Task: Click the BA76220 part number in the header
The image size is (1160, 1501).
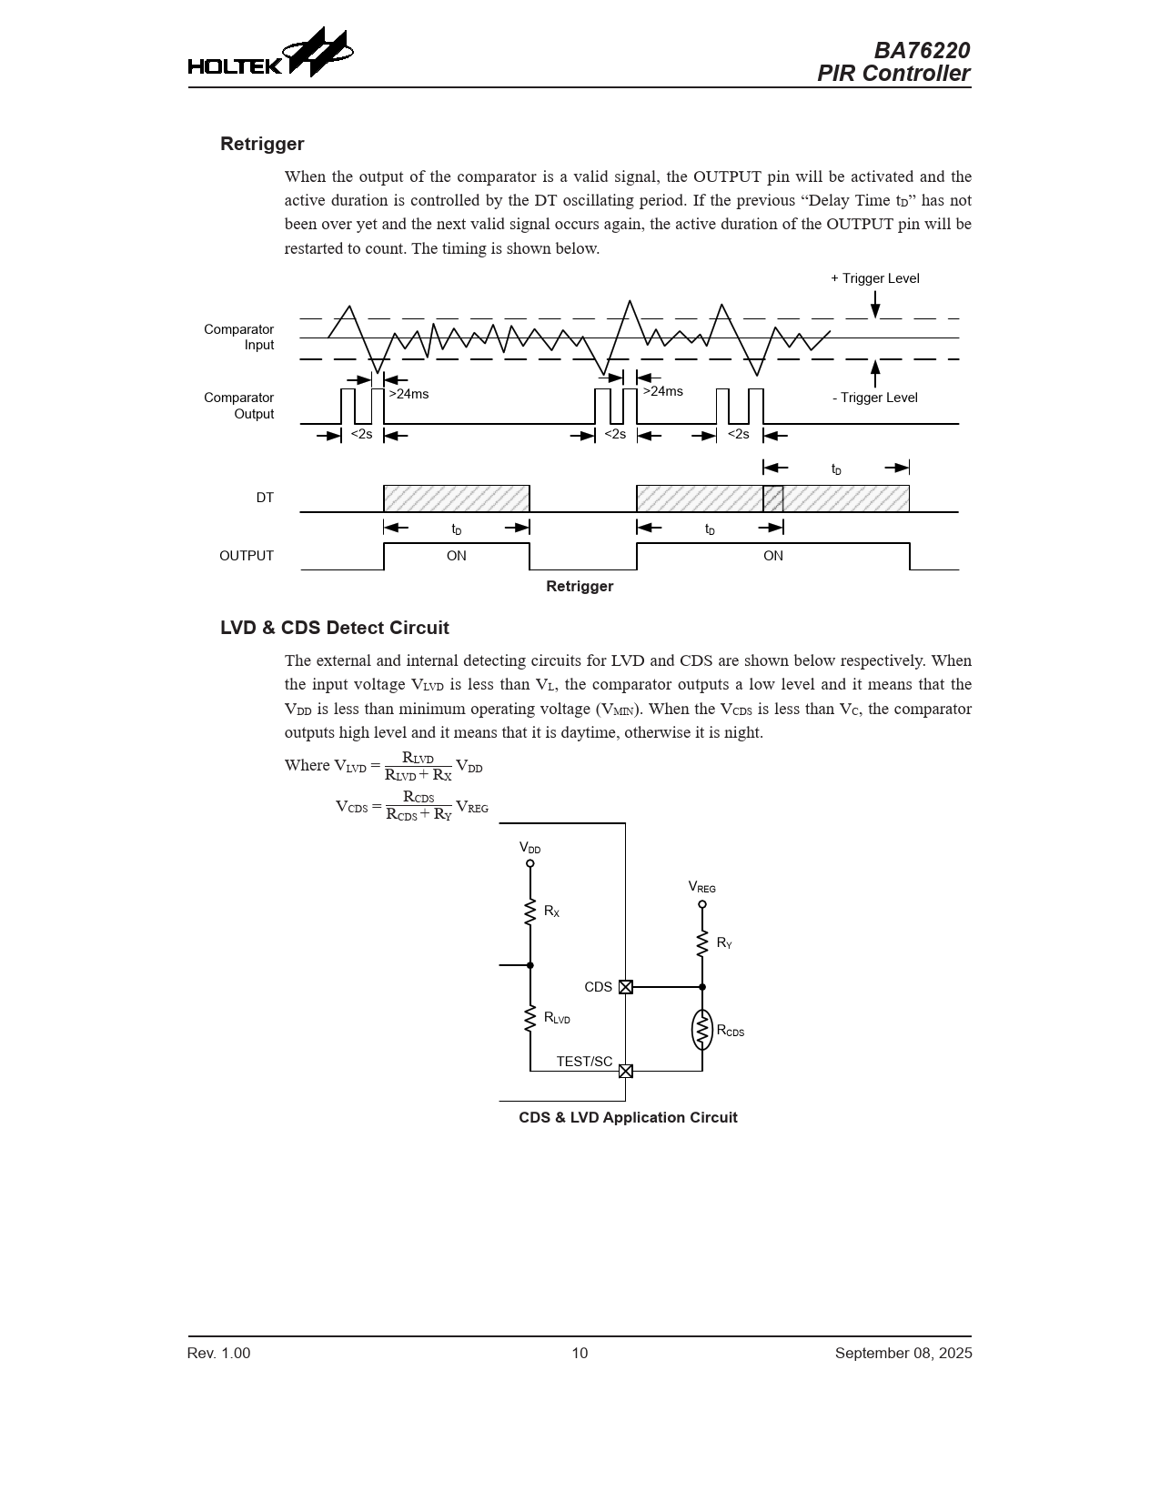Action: (x=921, y=50)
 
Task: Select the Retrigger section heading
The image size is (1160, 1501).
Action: (x=262, y=144)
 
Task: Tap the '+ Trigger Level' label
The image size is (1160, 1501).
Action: (x=874, y=278)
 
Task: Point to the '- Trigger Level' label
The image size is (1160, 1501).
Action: (x=874, y=398)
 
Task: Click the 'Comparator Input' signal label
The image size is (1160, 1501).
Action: (x=238, y=337)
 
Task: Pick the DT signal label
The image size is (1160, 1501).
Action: (x=265, y=498)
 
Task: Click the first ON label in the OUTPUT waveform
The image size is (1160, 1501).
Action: (x=456, y=556)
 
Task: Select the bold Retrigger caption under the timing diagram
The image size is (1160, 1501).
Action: (x=580, y=587)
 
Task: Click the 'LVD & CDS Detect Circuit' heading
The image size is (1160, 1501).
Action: (x=335, y=628)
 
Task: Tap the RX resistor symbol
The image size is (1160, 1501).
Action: (x=530, y=912)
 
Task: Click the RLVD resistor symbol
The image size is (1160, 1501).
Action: (x=530, y=1019)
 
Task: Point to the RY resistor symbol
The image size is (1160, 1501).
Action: (x=702, y=943)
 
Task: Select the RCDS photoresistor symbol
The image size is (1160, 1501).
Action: (x=702, y=1030)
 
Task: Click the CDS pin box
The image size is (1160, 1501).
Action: (x=626, y=987)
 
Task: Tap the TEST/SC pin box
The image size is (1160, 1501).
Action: (x=626, y=1071)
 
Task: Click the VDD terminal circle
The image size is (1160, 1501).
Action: (x=530, y=863)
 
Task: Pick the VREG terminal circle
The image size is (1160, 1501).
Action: (x=702, y=904)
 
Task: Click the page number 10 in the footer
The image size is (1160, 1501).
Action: (x=580, y=1354)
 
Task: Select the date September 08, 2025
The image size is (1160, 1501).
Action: (x=903, y=1354)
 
